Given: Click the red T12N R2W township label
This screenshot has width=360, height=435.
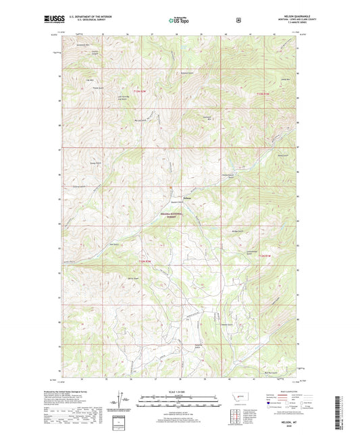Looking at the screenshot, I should click(139, 91).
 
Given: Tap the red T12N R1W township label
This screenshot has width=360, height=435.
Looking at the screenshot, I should click(263, 93).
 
